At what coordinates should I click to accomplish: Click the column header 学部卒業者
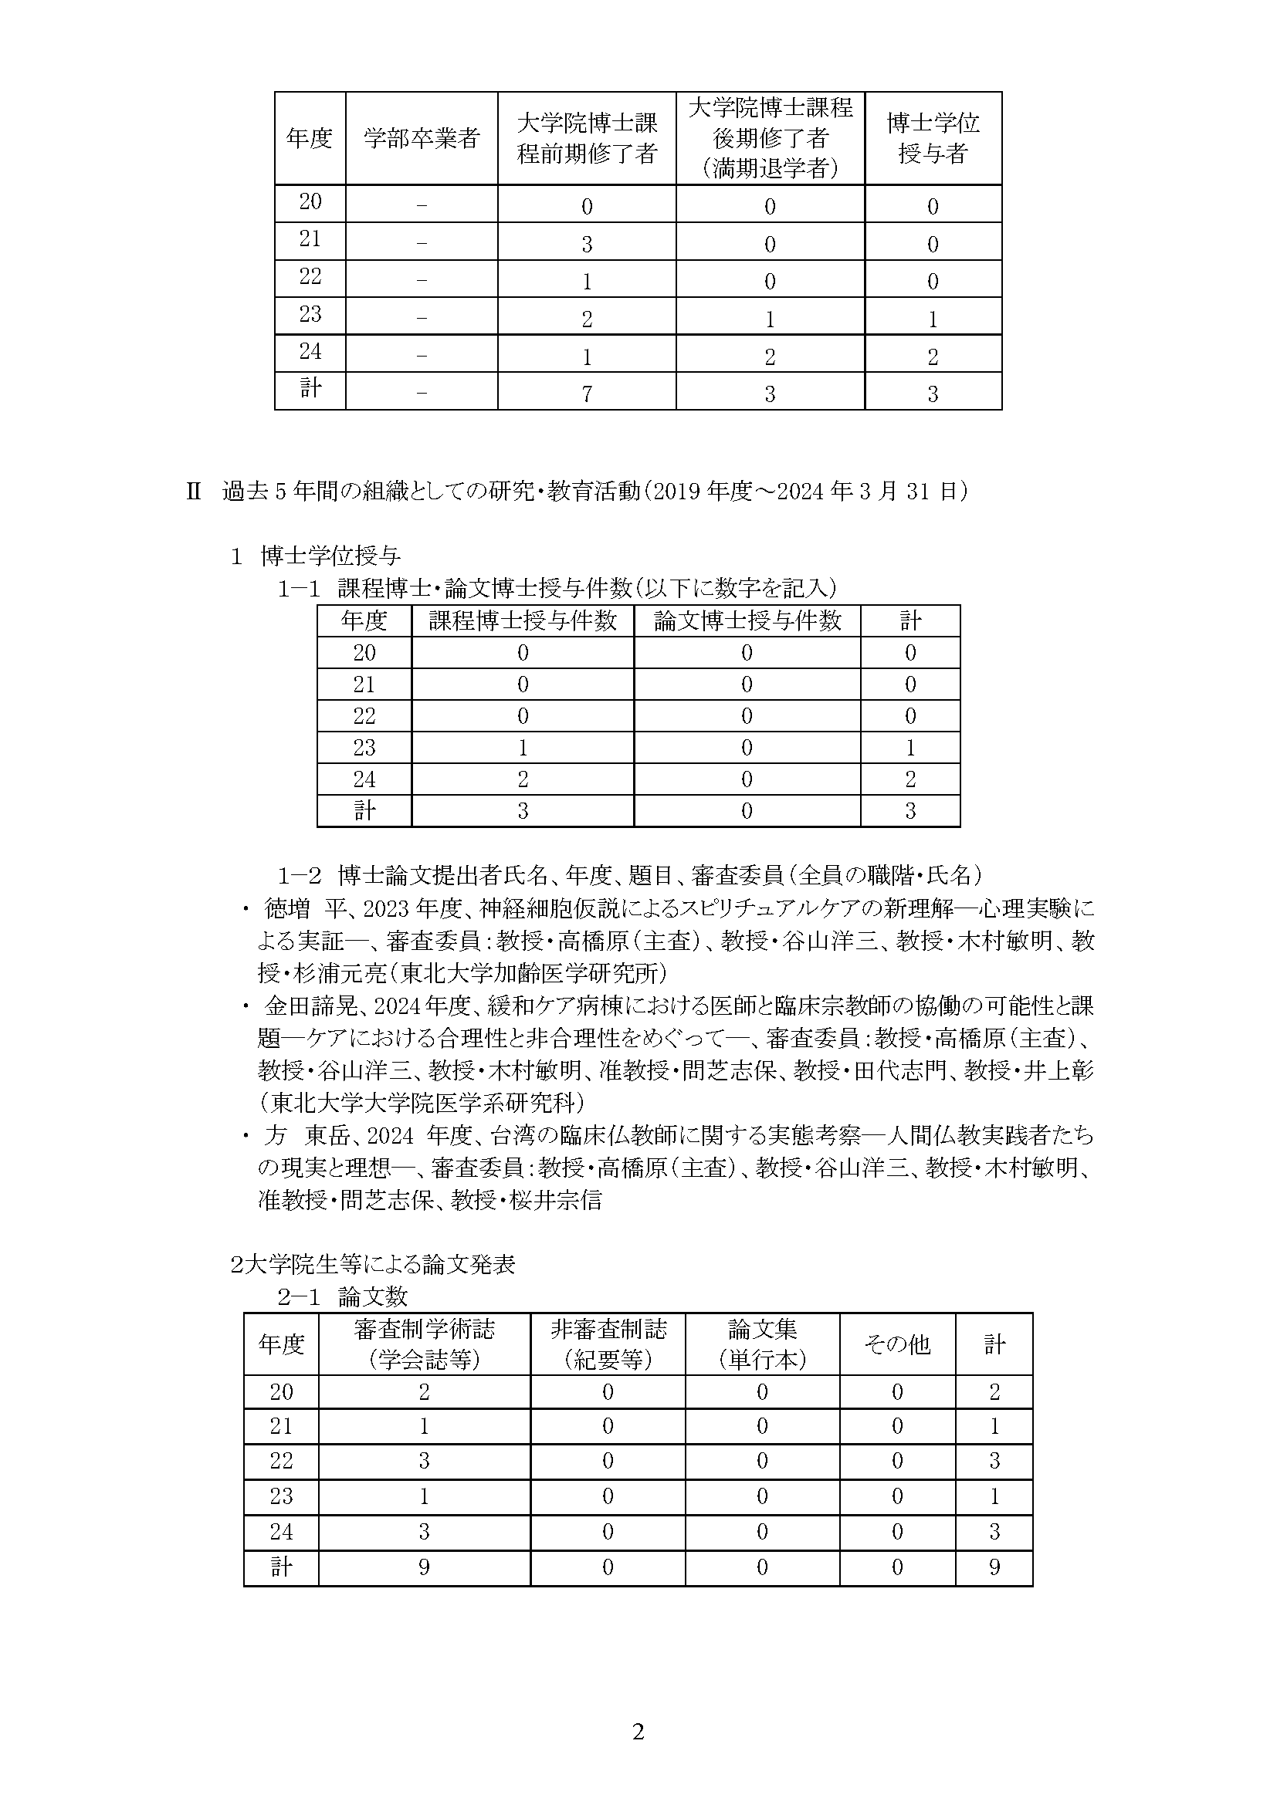[422, 139]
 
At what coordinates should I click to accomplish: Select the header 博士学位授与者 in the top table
[933, 138]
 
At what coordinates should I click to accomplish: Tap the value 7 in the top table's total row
[587, 394]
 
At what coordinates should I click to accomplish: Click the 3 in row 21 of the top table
[587, 244]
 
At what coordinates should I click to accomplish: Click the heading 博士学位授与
[330, 556]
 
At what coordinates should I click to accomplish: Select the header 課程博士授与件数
[522, 621]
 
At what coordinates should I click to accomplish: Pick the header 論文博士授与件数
[747, 621]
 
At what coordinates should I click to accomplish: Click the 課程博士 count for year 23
[522, 748]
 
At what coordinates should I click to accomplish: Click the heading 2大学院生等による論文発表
[373, 1264]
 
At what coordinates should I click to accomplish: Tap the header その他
[897, 1344]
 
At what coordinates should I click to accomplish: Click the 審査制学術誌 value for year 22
[424, 1461]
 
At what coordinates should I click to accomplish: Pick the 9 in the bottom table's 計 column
[994, 1567]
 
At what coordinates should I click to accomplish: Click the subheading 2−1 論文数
[343, 1296]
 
